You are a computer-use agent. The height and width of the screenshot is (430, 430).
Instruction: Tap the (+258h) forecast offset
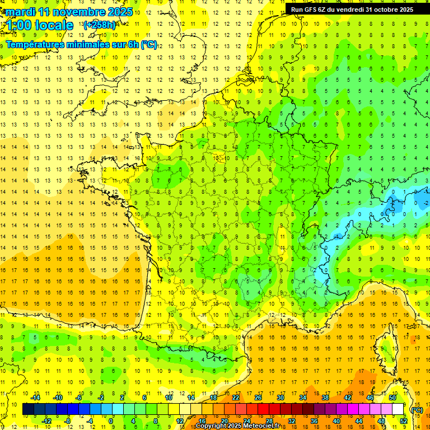click(x=100, y=25)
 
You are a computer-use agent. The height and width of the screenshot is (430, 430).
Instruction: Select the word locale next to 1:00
click(x=53, y=25)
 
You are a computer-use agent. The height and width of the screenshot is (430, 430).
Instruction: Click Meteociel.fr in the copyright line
click(x=261, y=426)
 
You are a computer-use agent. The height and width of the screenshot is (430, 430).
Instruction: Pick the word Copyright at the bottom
click(x=211, y=426)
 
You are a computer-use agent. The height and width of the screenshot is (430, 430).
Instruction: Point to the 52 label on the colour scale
click(x=404, y=421)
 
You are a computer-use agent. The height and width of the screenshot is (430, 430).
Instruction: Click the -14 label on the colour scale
click(x=36, y=398)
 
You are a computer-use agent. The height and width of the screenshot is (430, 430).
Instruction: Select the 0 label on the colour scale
click(x=111, y=421)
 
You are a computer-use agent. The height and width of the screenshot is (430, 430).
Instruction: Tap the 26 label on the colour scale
click(x=258, y=398)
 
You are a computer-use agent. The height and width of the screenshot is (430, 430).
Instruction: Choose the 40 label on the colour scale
click(x=336, y=421)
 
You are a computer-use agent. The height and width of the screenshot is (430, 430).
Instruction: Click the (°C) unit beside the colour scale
click(x=417, y=409)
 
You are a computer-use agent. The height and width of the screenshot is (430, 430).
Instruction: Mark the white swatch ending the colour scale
click(x=398, y=409)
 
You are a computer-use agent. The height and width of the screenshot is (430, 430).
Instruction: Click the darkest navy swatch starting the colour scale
click(x=28, y=409)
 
